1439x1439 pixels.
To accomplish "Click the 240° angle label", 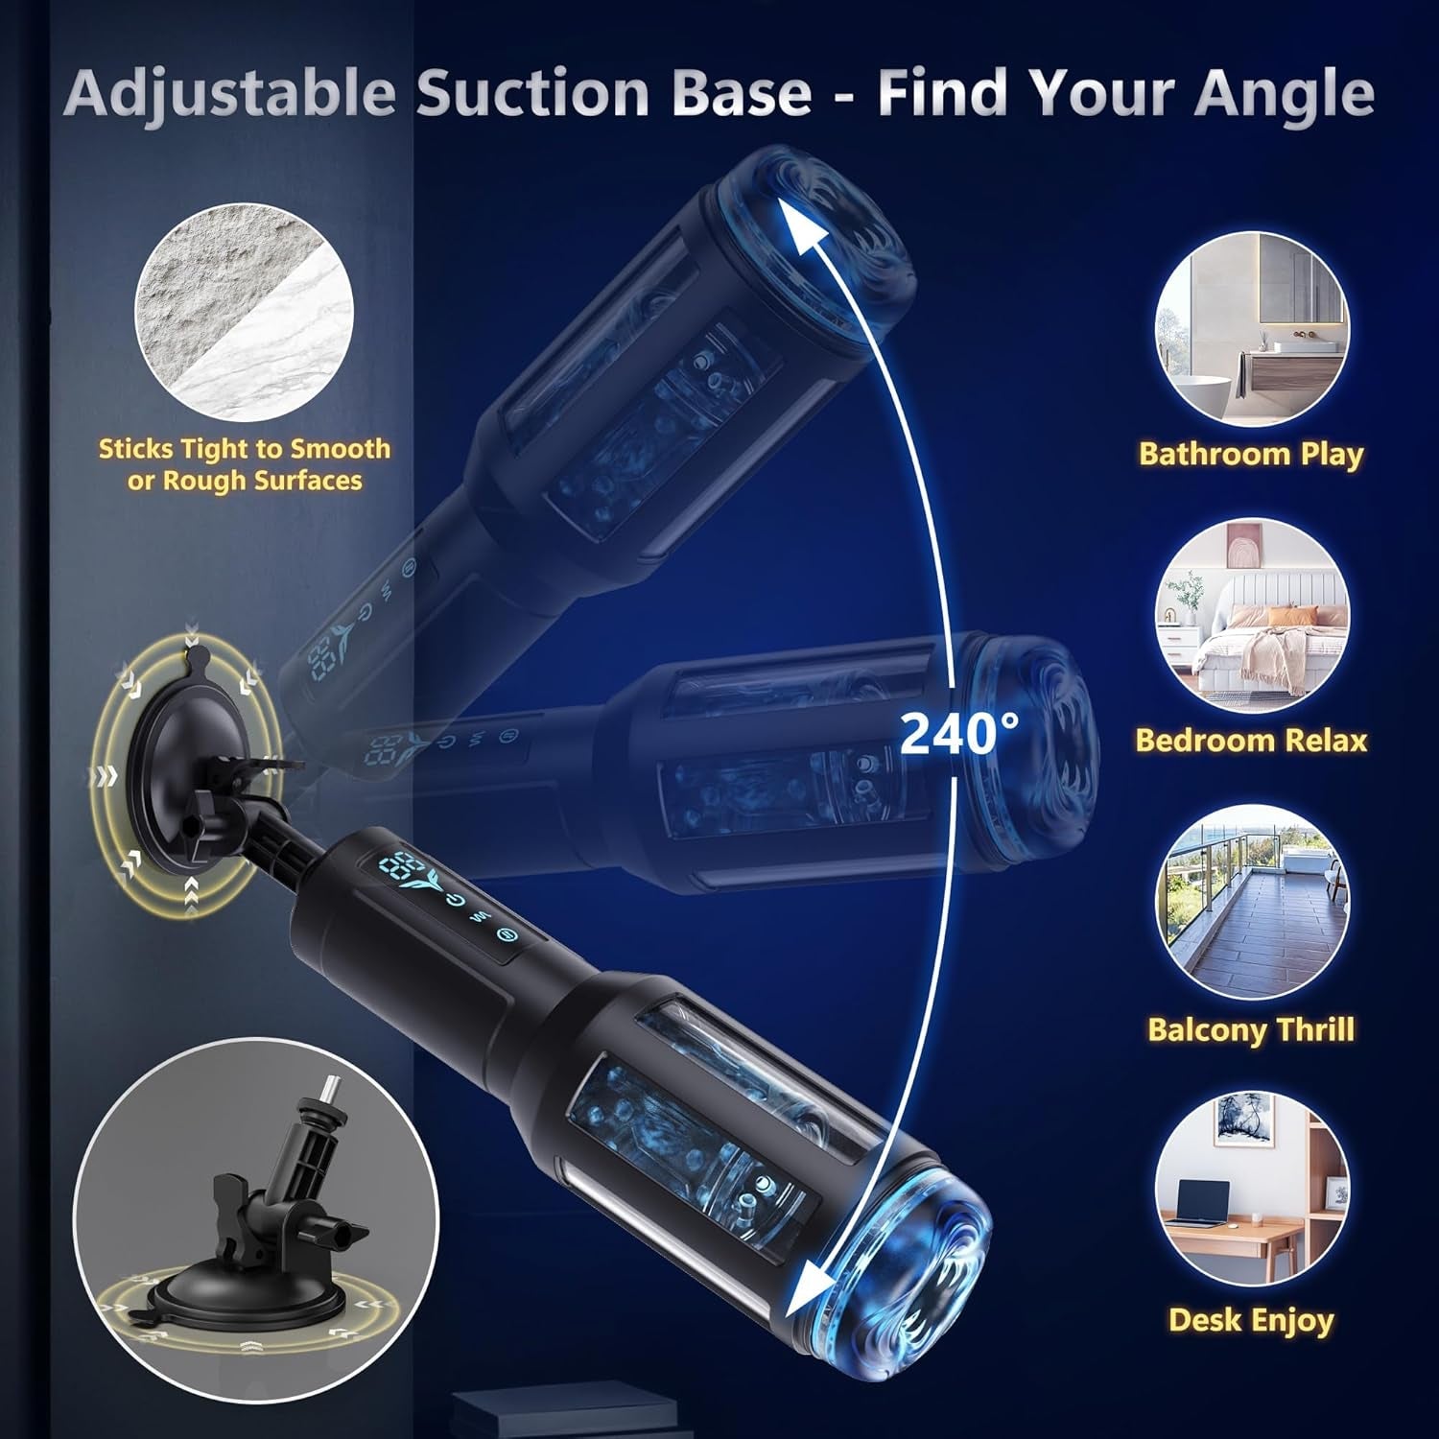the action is (959, 733).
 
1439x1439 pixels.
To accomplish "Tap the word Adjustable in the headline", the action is (231, 93).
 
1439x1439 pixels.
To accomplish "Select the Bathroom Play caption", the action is (1251, 454).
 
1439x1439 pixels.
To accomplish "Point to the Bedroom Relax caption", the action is (1251, 740).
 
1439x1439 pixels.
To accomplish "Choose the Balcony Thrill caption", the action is (1251, 1029).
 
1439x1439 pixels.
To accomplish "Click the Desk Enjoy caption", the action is (1251, 1320).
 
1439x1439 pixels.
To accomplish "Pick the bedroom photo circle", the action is (1252, 615).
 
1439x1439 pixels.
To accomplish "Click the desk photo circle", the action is (1252, 1192).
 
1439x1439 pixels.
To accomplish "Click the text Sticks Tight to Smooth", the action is (245, 448).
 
